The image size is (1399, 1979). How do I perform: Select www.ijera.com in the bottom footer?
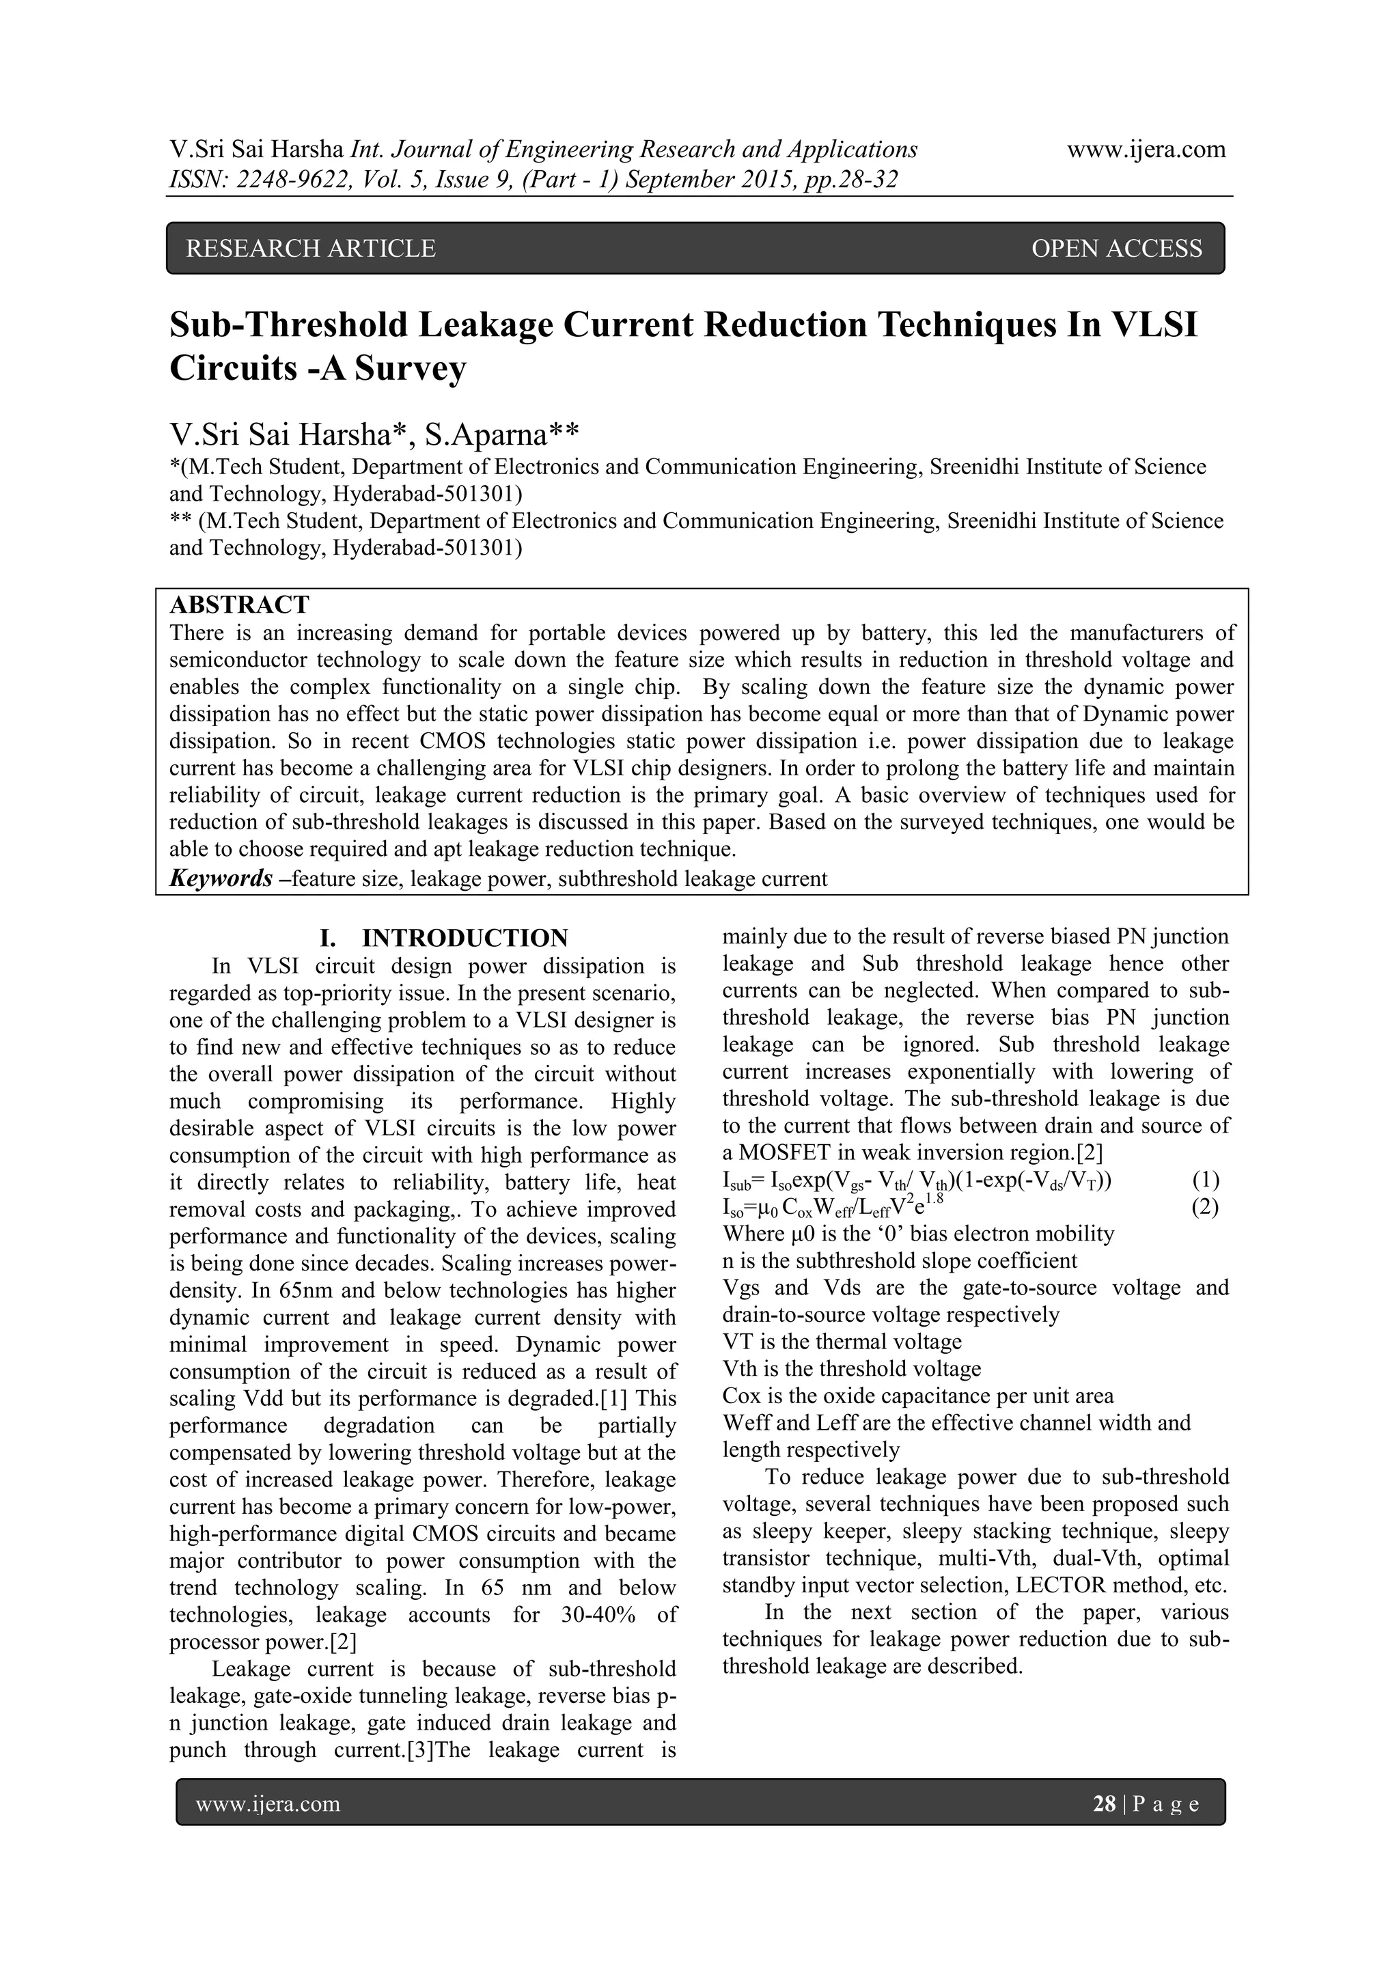click(x=267, y=1804)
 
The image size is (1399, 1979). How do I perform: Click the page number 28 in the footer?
click(x=1103, y=1804)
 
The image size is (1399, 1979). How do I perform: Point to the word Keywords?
click(x=221, y=878)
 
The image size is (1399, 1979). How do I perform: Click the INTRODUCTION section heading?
click(x=465, y=938)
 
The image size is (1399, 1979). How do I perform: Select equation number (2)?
click(x=1204, y=1208)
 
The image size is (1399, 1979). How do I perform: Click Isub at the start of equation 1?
click(x=737, y=1182)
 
